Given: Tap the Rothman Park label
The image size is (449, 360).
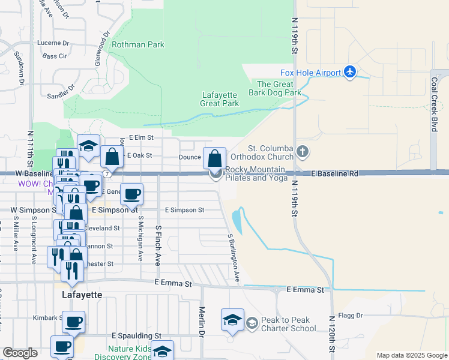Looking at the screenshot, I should click(137, 44).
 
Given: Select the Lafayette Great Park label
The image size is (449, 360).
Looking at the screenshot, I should click(220, 99).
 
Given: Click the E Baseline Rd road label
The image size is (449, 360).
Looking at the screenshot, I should click(335, 173).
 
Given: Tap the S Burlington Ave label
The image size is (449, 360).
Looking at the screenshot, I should click(233, 258).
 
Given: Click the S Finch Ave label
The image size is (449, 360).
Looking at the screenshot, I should click(158, 246).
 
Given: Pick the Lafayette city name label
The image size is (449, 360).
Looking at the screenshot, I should click(82, 295).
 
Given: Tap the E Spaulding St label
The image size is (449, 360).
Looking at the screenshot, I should click(137, 336).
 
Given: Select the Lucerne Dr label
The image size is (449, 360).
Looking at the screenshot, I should click(53, 43).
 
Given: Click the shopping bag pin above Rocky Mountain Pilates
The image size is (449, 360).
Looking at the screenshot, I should click(214, 159).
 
